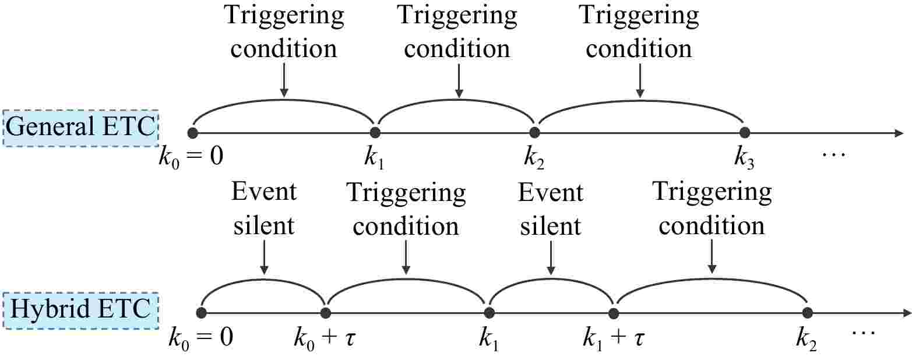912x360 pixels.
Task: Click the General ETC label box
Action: [x=80, y=127]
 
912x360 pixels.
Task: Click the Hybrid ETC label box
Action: [x=80, y=308]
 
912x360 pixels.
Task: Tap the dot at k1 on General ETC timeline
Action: [x=375, y=133]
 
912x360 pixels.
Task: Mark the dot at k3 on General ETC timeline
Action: [x=744, y=133]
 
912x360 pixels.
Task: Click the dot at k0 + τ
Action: [x=325, y=313]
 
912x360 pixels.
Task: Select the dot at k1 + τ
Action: [x=613, y=313]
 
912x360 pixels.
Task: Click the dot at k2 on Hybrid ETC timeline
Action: [x=807, y=313]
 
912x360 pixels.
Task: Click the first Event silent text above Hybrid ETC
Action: [x=264, y=208]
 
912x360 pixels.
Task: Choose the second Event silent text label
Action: [x=551, y=208]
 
